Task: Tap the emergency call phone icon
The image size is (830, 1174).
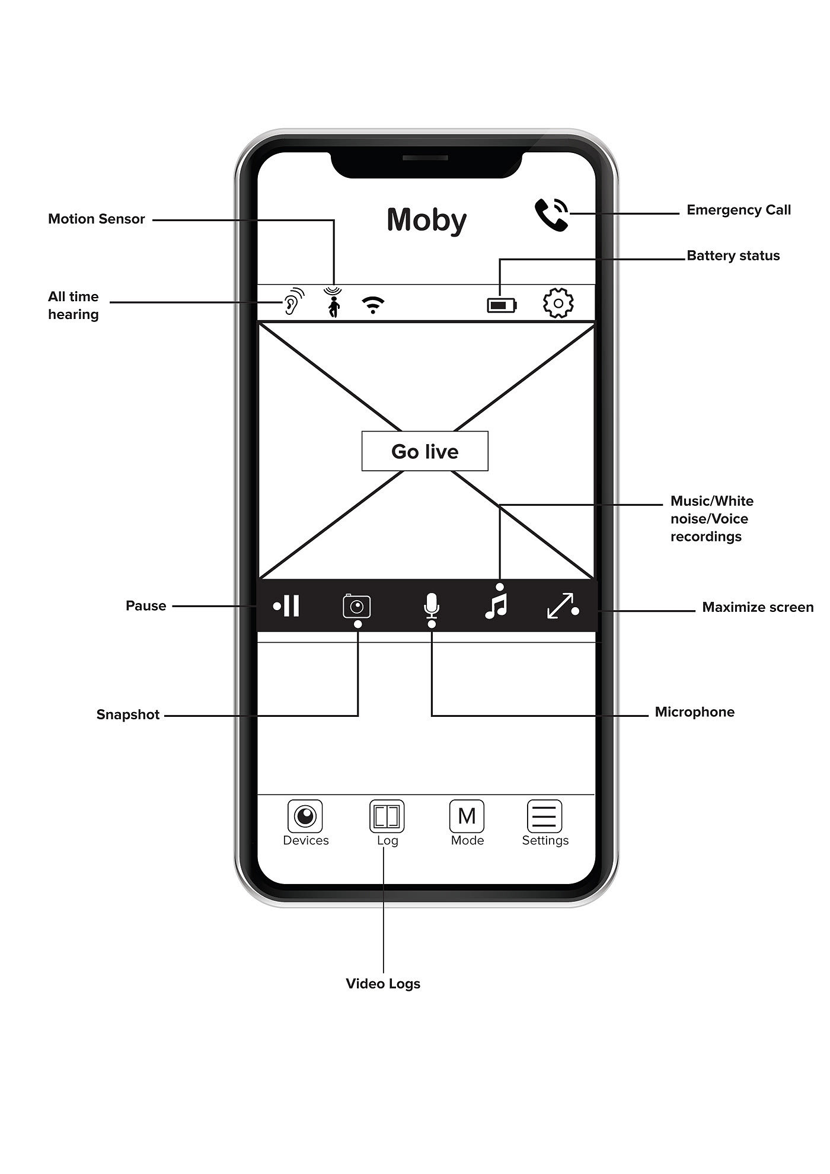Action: (x=551, y=214)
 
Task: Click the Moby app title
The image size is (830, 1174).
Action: (x=426, y=220)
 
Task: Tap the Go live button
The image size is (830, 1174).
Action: (x=425, y=451)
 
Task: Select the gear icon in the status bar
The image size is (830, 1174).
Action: (x=558, y=303)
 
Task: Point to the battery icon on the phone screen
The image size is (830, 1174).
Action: (x=502, y=305)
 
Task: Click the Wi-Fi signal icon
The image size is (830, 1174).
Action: (x=373, y=305)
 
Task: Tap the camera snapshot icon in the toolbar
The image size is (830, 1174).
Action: (x=357, y=607)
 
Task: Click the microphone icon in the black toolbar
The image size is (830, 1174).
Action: (x=432, y=605)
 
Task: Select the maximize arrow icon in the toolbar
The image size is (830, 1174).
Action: (x=560, y=605)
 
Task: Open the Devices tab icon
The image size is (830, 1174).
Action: (x=305, y=816)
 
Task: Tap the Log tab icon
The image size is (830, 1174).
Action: (x=387, y=816)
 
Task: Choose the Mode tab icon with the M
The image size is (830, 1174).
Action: (x=467, y=816)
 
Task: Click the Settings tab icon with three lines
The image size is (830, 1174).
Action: (x=544, y=816)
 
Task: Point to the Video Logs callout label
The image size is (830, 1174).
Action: (x=383, y=984)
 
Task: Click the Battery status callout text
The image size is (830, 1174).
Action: (x=733, y=256)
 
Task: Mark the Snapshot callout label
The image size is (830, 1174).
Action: (x=128, y=714)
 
